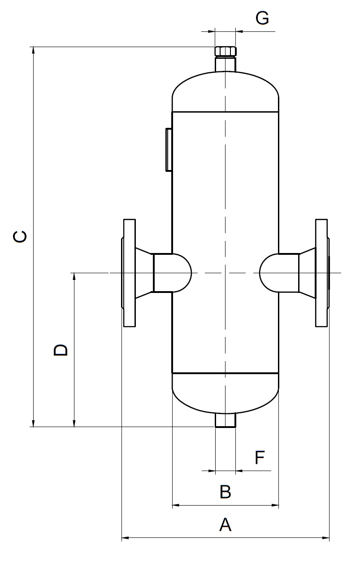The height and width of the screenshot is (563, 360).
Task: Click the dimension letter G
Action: tap(262, 18)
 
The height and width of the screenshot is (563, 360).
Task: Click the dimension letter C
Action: tap(20, 236)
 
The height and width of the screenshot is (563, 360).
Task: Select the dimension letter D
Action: tap(61, 350)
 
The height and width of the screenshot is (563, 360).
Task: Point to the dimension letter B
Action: tap(226, 492)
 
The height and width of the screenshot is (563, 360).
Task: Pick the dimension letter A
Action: tap(226, 524)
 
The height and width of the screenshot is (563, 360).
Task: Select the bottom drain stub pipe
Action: tap(226, 420)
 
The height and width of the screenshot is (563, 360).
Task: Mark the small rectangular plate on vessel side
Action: tap(169, 149)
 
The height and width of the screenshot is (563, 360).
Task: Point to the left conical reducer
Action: tap(144, 273)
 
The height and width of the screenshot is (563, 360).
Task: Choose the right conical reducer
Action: tap(307, 273)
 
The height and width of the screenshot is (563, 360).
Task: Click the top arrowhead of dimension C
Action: tap(33, 50)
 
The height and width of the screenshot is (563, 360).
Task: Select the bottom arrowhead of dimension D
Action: tap(74, 423)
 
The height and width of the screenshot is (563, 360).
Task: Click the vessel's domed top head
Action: tap(226, 90)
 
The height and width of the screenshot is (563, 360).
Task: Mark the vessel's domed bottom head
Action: tap(226, 393)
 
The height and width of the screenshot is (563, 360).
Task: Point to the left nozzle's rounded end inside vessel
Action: tap(182, 273)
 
